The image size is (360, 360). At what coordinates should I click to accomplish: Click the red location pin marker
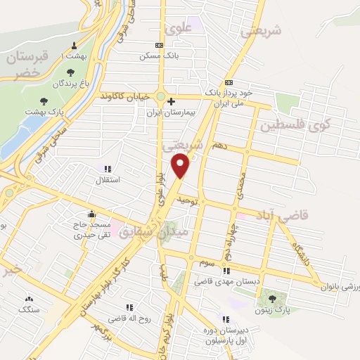pyautogui.click(x=181, y=165)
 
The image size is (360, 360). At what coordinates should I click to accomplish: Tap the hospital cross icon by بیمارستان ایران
pyautogui.click(x=171, y=101)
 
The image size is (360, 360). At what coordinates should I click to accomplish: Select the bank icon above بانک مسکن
pyautogui.click(x=160, y=45)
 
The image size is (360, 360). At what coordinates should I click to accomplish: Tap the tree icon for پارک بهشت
pyautogui.click(x=44, y=101)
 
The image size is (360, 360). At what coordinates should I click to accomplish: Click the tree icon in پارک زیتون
pyautogui.click(x=272, y=299)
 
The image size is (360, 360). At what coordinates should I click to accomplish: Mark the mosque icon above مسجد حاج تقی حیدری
pyautogui.click(x=91, y=214)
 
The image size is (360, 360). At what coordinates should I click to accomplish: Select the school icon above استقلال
pyautogui.click(x=108, y=169)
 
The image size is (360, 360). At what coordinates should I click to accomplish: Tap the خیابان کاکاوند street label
pyautogui.click(x=127, y=95)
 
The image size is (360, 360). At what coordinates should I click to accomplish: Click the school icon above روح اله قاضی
pyautogui.click(x=129, y=307)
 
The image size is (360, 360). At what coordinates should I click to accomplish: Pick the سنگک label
pyautogui.click(x=30, y=309)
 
